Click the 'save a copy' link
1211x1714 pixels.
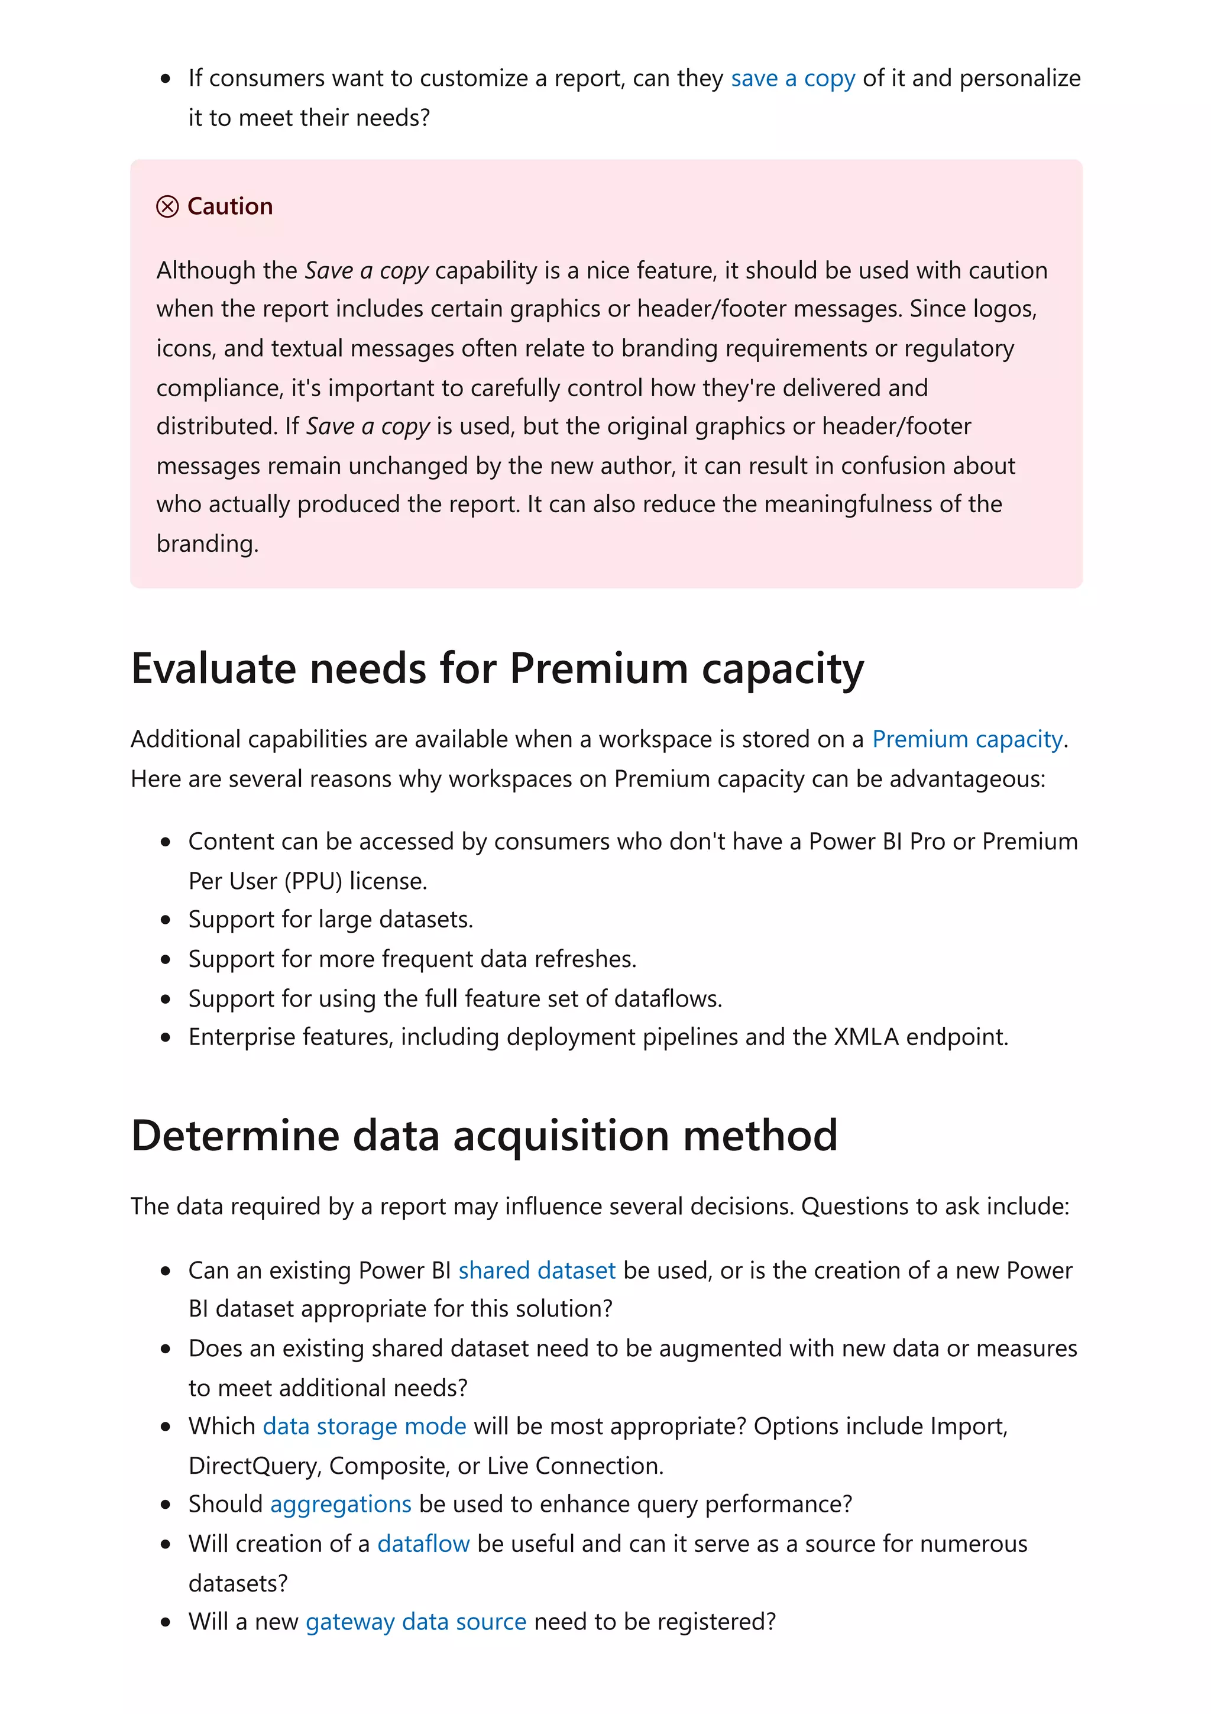(x=792, y=79)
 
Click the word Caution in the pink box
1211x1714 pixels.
(x=230, y=206)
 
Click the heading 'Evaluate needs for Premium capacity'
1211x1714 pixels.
(x=497, y=668)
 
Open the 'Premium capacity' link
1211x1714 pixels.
(x=967, y=739)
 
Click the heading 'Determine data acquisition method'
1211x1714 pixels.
(x=484, y=1136)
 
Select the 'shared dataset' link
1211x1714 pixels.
(x=536, y=1270)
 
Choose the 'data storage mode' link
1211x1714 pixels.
(x=364, y=1426)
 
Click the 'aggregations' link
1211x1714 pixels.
(x=340, y=1503)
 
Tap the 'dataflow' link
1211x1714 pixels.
(x=423, y=1543)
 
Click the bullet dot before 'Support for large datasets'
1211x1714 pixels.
(x=166, y=920)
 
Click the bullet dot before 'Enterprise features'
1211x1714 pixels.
(x=166, y=1037)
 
